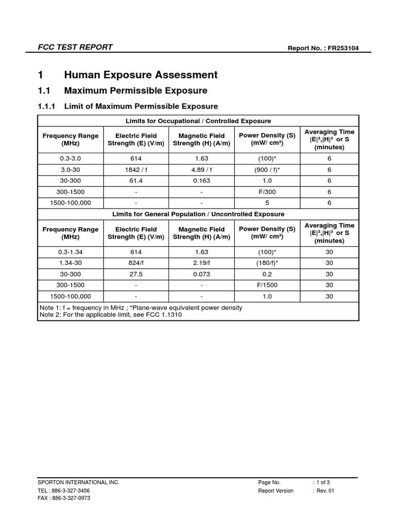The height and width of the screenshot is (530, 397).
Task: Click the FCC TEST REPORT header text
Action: click(75, 47)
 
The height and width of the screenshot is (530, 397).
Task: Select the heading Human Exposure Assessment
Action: click(141, 75)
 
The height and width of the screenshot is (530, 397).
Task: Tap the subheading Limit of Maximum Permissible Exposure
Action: click(141, 106)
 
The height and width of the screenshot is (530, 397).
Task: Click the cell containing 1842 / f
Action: click(136, 170)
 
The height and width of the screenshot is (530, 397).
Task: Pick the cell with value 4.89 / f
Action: click(201, 170)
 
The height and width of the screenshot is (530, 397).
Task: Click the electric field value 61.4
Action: click(136, 181)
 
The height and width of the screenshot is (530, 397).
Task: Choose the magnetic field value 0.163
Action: click(201, 181)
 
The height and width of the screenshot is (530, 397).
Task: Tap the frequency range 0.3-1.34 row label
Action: click(70, 252)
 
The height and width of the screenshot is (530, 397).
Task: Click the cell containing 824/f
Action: click(136, 263)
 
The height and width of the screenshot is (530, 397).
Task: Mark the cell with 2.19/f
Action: click(201, 263)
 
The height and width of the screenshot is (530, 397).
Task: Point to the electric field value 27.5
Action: click(136, 274)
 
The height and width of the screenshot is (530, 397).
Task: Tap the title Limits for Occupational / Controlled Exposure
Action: click(198, 121)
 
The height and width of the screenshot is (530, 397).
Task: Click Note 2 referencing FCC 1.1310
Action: click(111, 315)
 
